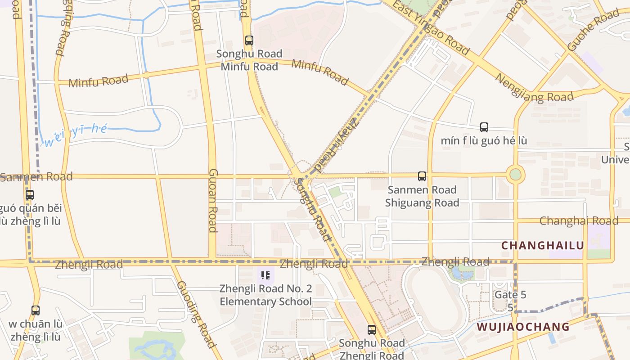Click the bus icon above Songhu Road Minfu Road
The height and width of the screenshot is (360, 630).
tap(249, 40)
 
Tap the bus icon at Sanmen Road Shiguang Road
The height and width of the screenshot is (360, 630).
tap(422, 176)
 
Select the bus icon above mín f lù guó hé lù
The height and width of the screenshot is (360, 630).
tap(484, 127)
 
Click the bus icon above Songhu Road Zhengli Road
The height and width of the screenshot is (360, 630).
tap(371, 329)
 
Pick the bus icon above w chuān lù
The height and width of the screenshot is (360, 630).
tap(36, 310)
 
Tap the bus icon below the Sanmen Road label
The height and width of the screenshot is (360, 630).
tap(30, 195)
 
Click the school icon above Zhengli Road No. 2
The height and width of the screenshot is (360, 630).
tap(265, 274)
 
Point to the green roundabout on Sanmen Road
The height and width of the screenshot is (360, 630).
tap(515, 175)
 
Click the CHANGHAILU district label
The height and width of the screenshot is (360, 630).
tap(542, 246)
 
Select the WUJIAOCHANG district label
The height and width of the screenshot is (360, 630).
tap(523, 327)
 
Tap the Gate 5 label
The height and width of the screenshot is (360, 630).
tap(510, 295)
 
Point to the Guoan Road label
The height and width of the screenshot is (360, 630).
tap(213, 200)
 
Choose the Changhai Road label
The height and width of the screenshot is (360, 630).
tap(579, 221)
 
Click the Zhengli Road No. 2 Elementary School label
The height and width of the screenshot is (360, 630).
tap(265, 295)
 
